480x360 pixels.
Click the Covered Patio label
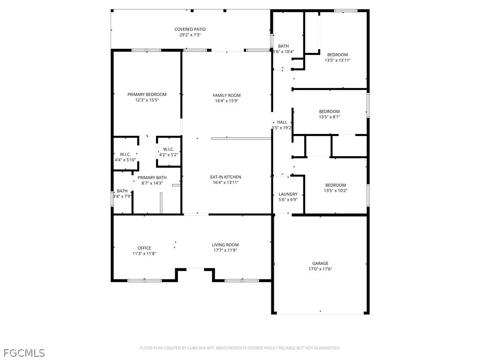[x=190, y=30]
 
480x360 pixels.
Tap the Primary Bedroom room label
[x=147, y=95]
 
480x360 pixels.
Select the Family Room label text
[x=226, y=96]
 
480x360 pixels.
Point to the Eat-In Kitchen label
[x=225, y=177]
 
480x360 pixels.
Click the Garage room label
[x=320, y=263]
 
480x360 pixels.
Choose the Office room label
[x=144, y=248]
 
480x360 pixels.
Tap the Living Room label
[x=225, y=245]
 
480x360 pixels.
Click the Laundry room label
[x=288, y=194]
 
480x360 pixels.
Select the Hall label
[x=282, y=122]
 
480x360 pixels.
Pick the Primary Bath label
[x=152, y=178]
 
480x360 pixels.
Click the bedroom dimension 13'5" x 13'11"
[x=337, y=60]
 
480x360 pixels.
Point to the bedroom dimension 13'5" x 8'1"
[x=329, y=117]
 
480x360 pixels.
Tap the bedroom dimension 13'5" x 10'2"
[x=336, y=191]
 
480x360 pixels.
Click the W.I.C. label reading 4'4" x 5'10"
[x=125, y=160]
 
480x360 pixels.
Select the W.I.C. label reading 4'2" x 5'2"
[x=168, y=155]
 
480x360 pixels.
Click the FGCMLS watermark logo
[x=24, y=352]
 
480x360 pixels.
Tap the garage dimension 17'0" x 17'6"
[x=320, y=269]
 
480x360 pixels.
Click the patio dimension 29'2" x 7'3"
[x=190, y=35]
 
